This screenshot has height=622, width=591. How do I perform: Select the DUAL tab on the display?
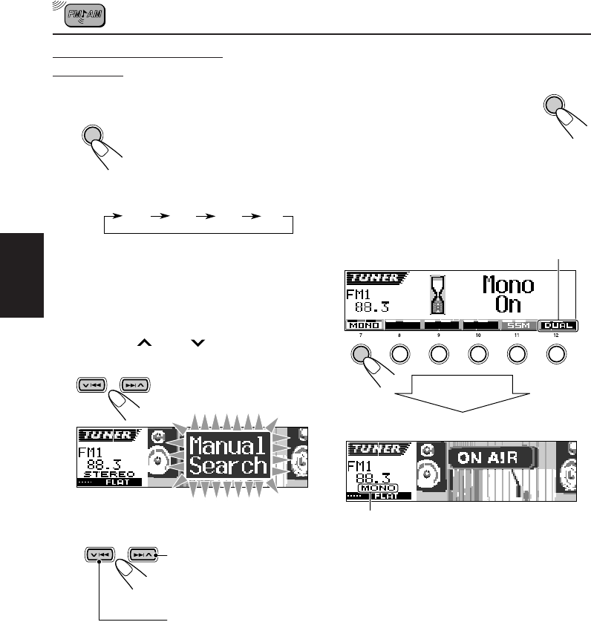pyautogui.click(x=559, y=326)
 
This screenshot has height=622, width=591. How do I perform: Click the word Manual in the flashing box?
pyautogui.click(x=227, y=446)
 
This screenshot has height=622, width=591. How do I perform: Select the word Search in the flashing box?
pyautogui.click(x=227, y=466)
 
